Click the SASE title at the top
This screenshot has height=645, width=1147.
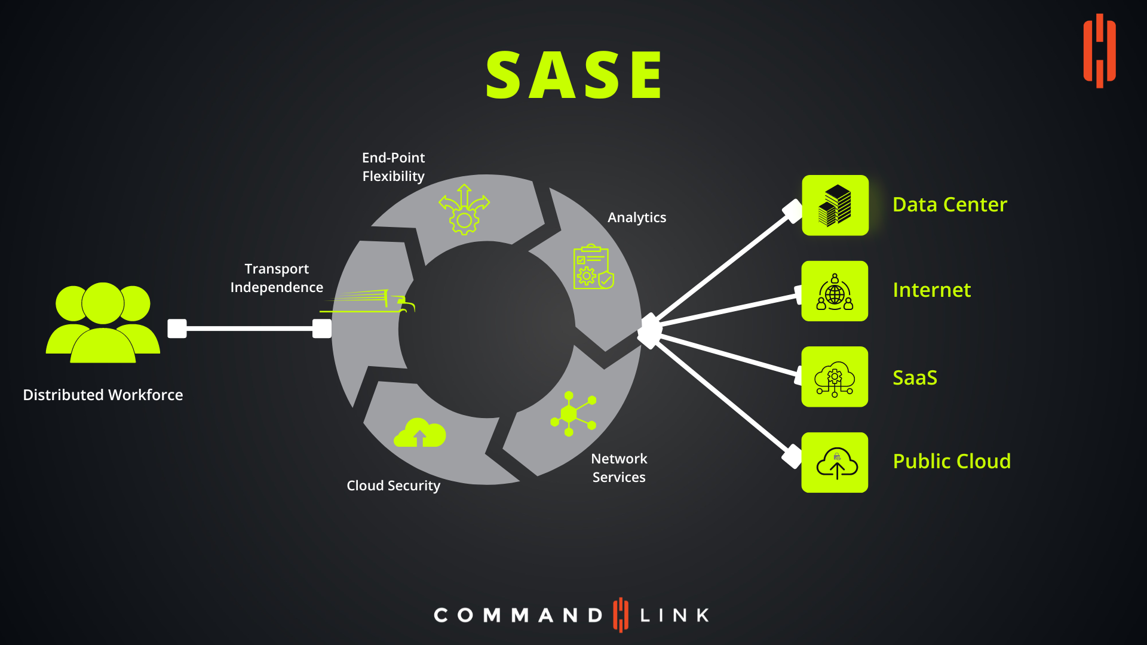click(x=574, y=75)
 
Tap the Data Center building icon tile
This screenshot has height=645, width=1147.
click(x=835, y=205)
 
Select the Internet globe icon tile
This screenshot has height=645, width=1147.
click(x=835, y=291)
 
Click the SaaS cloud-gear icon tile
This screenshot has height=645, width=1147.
click(x=835, y=377)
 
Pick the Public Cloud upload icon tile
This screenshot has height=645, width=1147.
click(x=835, y=462)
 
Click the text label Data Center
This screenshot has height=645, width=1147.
click(x=950, y=204)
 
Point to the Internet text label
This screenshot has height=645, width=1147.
click(x=931, y=290)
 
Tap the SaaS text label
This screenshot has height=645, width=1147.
click(x=915, y=377)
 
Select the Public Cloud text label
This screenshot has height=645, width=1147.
click(x=952, y=461)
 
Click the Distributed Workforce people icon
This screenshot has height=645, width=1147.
click(x=103, y=322)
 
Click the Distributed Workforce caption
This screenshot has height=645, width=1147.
click(x=103, y=395)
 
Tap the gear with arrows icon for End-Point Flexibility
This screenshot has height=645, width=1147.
click(x=464, y=209)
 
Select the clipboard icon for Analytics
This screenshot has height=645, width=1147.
click(x=593, y=266)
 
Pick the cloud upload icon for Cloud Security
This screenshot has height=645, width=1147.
click(x=420, y=432)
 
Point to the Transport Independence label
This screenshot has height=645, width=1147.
click(x=277, y=278)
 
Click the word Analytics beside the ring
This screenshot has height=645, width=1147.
click(x=637, y=217)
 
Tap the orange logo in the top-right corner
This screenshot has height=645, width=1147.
click(x=1099, y=51)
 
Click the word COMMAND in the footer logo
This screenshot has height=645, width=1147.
click(x=518, y=615)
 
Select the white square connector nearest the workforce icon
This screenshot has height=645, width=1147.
click(x=177, y=328)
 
